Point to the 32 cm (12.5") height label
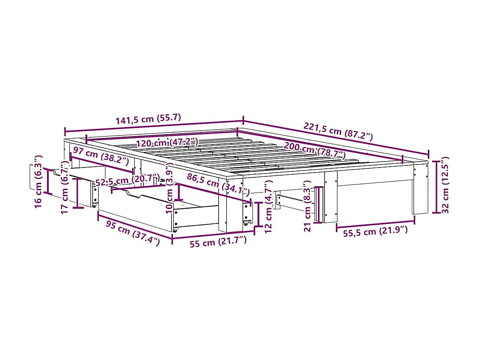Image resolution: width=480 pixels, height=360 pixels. point(444,185)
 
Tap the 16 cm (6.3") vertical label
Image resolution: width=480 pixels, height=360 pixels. point(37,181)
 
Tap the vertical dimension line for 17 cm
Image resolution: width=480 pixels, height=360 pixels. point(78,193)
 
